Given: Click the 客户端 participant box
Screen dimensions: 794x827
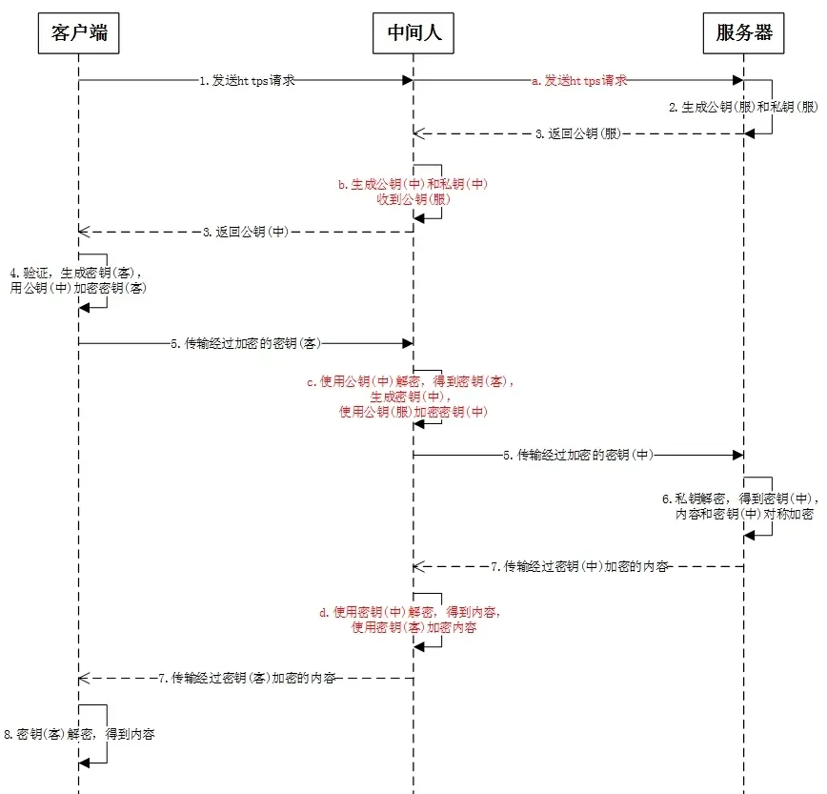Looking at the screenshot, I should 79,35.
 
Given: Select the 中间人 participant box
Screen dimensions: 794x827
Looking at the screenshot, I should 413,35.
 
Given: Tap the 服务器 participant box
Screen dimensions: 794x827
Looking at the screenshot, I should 743,35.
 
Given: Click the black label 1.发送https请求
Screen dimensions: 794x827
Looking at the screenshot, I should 247,81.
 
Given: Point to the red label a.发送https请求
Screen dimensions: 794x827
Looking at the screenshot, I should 579,81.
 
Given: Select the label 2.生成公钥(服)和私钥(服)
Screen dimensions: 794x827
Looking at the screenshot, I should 743,109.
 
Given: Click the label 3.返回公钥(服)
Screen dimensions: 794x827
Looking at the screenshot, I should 577,134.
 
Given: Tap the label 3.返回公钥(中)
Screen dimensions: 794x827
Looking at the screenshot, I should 247,231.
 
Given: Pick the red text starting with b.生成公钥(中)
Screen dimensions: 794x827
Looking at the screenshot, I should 413,192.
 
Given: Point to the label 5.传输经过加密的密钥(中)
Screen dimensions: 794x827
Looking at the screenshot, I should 578,456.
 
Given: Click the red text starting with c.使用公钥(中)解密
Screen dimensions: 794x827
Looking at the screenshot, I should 413,397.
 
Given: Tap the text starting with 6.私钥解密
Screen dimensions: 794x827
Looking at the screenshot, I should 740,506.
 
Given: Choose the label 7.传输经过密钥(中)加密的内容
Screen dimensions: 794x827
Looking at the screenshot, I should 578,566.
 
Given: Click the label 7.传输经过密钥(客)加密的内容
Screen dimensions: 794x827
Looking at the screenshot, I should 247,678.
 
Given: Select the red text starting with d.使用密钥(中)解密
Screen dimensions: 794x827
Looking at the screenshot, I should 413,620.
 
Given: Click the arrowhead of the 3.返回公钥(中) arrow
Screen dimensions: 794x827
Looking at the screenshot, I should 83,231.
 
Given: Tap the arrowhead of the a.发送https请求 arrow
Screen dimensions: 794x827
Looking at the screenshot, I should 737,81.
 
